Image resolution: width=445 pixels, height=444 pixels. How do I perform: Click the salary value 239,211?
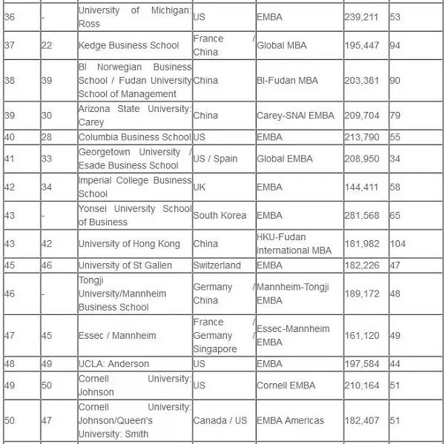pyautogui.click(x=361, y=16)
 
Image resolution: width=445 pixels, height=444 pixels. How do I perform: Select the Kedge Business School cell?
pyautogui.click(x=129, y=45)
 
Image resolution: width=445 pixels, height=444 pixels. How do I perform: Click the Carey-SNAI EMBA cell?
pyautogui.click(x=295, y=116)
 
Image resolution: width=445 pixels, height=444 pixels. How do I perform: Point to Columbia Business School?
pyautogui.click(x=134, y=137)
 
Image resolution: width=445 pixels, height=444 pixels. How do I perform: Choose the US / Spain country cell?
pyautogui.click(x=216, y=159)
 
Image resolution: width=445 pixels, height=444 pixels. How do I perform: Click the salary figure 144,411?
pyautogui.click(x=361, y=187)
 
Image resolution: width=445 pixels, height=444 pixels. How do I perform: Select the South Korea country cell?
pyautogui.click(x=220, y=216)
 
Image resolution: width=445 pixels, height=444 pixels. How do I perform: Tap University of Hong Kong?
pyautogui.click(x=129, y=244)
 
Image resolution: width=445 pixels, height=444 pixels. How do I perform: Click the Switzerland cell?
pyautogui.click(x=217, y=265)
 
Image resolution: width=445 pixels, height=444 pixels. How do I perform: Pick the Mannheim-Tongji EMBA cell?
pyautogui.click(x=293, y=294)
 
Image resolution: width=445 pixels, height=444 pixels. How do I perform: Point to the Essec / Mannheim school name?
pyautogui.click(x=117, y=336)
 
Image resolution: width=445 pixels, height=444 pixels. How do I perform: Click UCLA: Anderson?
pyautogui.click(x=113, y=364)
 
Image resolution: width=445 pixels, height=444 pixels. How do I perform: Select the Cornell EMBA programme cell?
pyautogui.click(x=286, y=385)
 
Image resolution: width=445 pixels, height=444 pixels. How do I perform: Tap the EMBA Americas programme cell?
pyautogui.click(x=290, y=420)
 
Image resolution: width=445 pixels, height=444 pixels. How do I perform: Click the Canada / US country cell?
pyautogui.click(x=220, y=420)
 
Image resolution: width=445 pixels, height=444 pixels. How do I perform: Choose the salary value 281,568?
pyautogui.click(x=361, y=216)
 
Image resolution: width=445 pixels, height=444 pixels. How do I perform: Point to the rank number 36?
pyautogui.click(x=10, y=16)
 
